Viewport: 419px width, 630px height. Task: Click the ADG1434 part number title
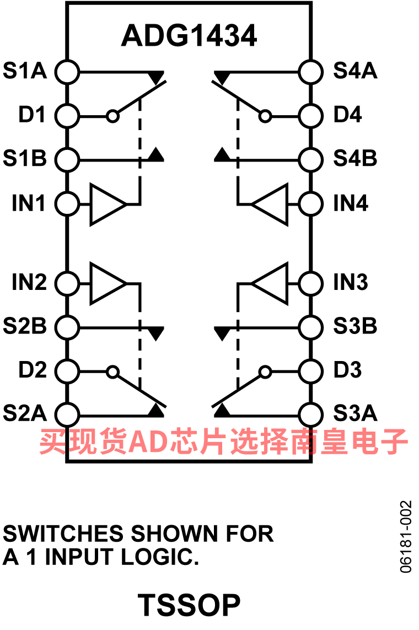[x=189, y=35]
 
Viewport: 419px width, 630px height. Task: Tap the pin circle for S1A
[x=67, y=72]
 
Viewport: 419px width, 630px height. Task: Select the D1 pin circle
[x=67, y=116]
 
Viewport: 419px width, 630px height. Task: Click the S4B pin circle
[x=310, y=160]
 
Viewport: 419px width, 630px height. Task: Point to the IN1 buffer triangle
[x=108, y=204]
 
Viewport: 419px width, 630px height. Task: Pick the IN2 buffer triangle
[x=108, y=284]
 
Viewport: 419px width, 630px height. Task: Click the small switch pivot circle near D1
[x=113, y=116]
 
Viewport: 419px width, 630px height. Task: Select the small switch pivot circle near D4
[x=265, y=116]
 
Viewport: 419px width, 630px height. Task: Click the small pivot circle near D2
[x=113, y=371]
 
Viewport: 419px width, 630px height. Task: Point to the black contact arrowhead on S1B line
[x=156, y=155]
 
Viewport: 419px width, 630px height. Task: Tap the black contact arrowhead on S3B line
[x=222, y=333]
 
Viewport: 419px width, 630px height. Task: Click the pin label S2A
[x=25, y=413]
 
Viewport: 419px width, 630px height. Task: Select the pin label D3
[x=348, y=370]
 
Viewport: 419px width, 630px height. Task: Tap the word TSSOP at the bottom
[x=189, y=605]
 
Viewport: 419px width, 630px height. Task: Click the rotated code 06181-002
[x=406, y=536]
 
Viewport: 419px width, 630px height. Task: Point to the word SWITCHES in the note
[x=63, y=534]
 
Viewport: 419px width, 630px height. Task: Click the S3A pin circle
[x=310, y=414]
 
